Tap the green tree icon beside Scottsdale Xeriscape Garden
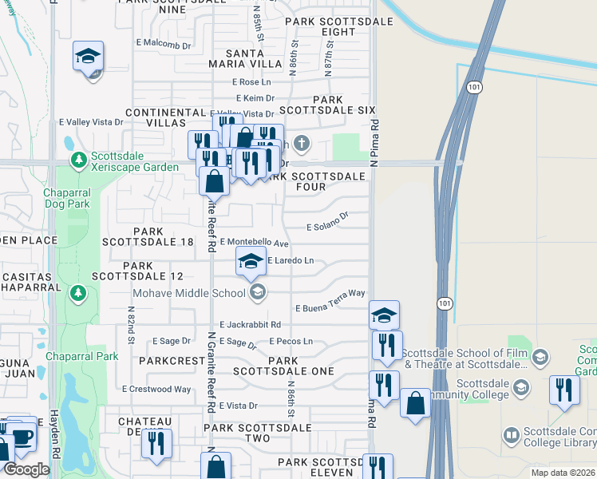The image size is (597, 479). (x=78, y=160)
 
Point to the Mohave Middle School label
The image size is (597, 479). (x=189, y=293)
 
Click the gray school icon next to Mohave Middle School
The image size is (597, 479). (x=257, y=293)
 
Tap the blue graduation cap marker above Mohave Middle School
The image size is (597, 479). (x=251, y=262)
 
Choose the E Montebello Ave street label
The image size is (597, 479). (x=254, y=242)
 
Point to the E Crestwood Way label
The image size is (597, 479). (x=156, y=390)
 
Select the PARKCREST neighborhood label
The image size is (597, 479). (x=172, y=361)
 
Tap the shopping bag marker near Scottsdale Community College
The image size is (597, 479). (x=415, y=404)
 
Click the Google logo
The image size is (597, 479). (x=26, y=470)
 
